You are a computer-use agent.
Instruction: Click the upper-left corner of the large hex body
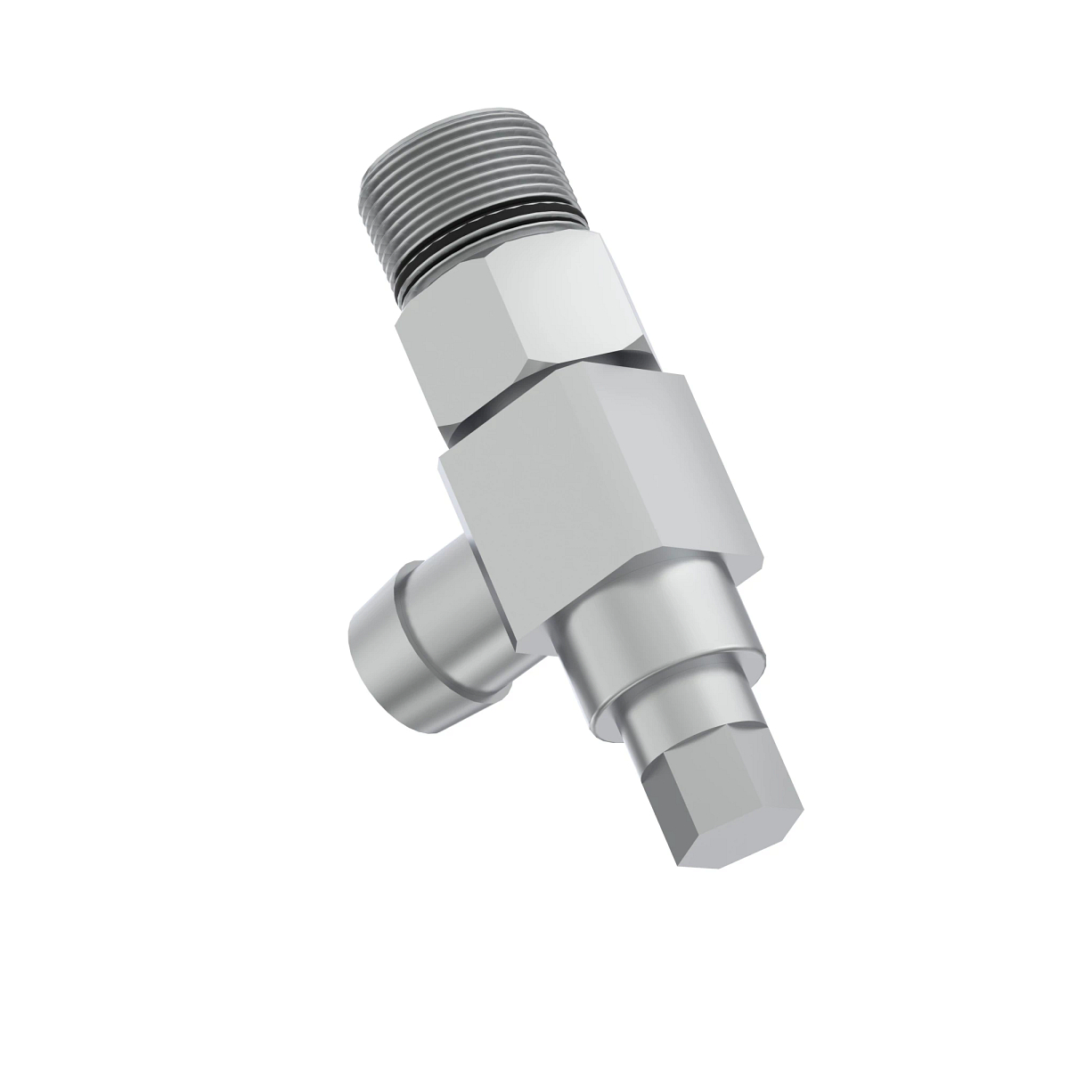click(440, 460)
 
